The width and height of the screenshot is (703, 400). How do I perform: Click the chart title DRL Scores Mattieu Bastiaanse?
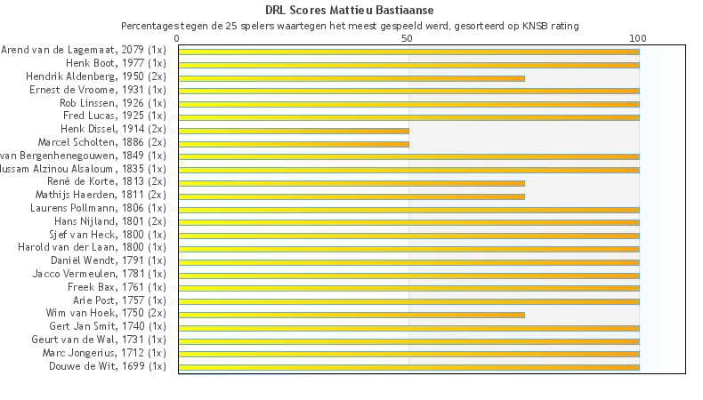pyautogui.click(x=350, y=10)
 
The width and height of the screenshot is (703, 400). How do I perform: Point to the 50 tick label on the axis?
pyautogui.click(x=408, y=39)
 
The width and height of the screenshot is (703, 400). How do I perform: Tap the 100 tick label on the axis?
pyautogui.click(x=638, y=39)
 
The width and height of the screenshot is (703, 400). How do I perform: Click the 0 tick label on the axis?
pyautogui.click(x=178, y=39)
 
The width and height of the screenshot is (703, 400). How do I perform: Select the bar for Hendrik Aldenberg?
pyautogui.click(x=351, y=78)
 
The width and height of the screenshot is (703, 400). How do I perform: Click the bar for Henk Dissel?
pyautogui.click(x=294, y=131)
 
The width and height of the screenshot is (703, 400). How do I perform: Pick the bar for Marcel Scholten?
pyautogui.click(x=294, y=144)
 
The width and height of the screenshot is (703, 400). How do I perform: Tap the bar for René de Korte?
pyautogui.click(x=351, y=183)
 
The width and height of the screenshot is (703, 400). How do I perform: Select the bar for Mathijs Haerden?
pyautogui.click(x=351, y=196)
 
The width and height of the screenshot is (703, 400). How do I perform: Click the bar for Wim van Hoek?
pyautogui.click(x=351, y=315)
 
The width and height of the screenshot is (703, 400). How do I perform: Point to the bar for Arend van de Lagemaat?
pyautogui.click(x=408, y=52)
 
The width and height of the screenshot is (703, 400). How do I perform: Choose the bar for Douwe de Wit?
pyautogui.click(x=408, y=367)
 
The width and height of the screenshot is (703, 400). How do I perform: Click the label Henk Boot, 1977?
pyautogui.click(x=116, y=64)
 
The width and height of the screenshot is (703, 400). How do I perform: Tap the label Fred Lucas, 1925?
pyautogui.click(x=114, y=116)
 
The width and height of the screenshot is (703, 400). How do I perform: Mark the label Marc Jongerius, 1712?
pyautogui.click(x=104, y=353)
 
